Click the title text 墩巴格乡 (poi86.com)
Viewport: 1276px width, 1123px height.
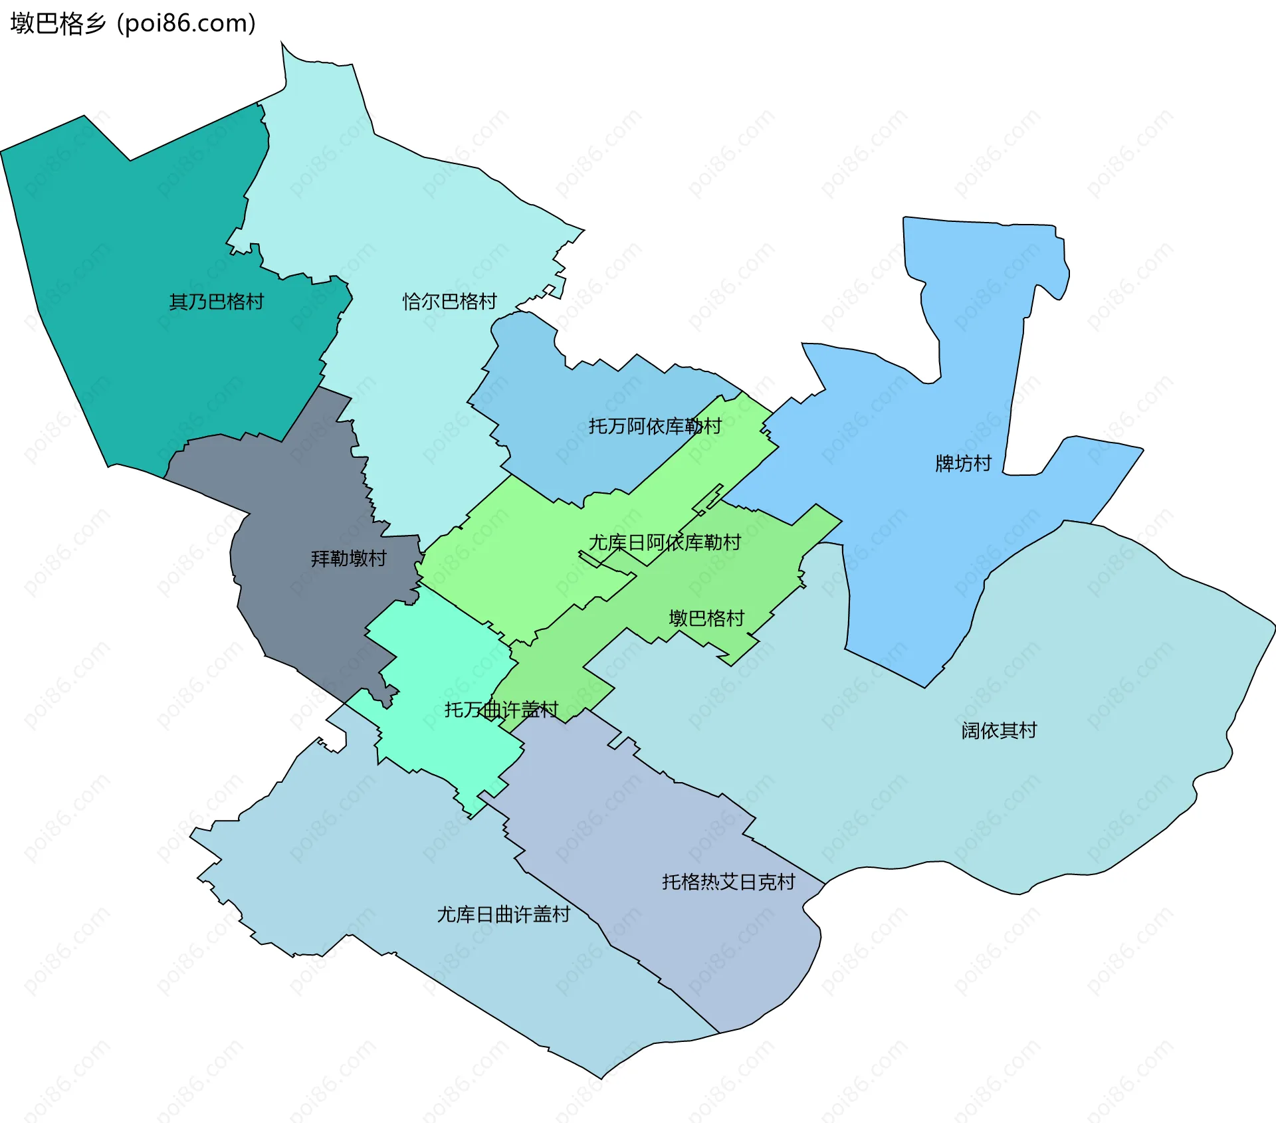coord(133,24)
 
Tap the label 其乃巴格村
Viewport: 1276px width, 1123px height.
coord(216,302)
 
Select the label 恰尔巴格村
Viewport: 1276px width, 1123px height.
coord(449,302)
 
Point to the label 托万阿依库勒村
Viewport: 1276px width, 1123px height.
coord(655,427)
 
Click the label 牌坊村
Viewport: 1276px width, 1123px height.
coord(963,463)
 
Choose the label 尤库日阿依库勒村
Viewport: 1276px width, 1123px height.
coord(665,543)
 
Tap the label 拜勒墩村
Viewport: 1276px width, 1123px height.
coord(348,559)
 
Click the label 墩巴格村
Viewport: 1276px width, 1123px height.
coord(706,619)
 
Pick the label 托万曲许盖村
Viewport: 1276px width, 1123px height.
coord(501,710)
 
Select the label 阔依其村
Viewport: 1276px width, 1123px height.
coord(998,731)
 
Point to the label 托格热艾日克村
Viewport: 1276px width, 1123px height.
coord(728,882)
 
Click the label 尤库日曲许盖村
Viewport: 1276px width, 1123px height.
coord(503,915)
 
